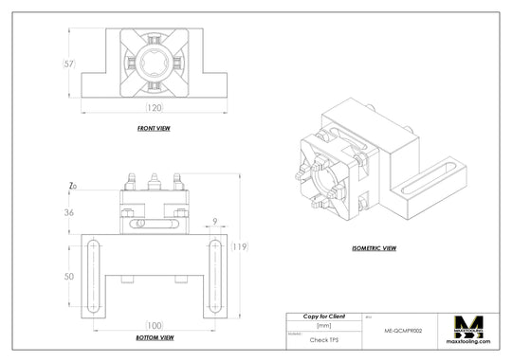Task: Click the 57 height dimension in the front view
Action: point(68,64)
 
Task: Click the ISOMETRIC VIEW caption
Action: point(374,248)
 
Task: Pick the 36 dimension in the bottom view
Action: point(68,212)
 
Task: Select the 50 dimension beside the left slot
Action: point(68,276)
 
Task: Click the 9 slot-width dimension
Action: point(215,223)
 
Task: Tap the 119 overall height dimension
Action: point(239,247)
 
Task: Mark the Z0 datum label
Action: point(72,186)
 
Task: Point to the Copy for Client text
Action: point(323,315)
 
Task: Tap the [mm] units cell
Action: point(323,325)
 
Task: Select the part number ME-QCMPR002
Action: point(403,332)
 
